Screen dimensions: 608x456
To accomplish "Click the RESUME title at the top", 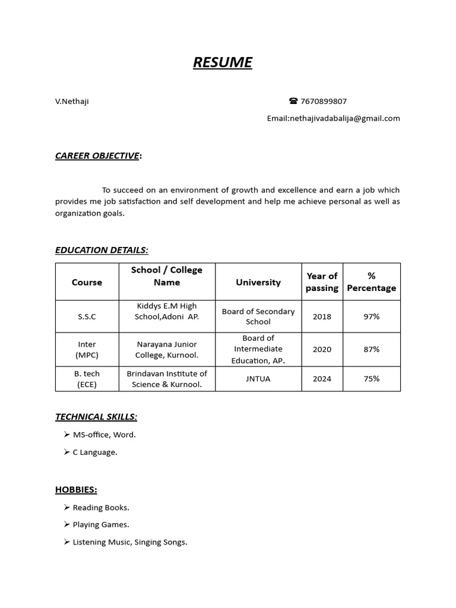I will click(x=223, y=62).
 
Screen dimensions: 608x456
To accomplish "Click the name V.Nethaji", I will click(x=72, y=102).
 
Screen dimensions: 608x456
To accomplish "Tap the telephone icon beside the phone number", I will click(x=293, y=102).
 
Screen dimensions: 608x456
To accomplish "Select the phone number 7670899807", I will click(x=324, y=102).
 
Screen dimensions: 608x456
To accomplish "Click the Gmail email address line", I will click(x=333, y=118).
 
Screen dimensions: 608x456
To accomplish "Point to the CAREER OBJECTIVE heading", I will click(x=98, y=156).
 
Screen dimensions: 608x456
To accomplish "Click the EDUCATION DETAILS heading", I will click(x=102, y=250).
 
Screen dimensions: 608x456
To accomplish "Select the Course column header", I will click(x=87, y=282).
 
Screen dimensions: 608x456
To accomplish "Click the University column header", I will click(x=258, y=282).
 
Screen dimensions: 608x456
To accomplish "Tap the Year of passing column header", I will click(x=322, y=282).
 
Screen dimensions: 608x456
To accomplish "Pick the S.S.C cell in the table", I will click(x=87, y=316).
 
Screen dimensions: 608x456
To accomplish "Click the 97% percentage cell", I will click(x=372, y=316).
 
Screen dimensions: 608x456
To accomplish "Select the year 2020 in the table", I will click(x=322, y=349).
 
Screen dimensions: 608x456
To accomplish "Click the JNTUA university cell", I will click(x=258, y=379).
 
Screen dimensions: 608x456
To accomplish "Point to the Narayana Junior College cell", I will click(x=167, y=349).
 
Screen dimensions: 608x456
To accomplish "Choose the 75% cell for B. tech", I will click(x=372, y=379).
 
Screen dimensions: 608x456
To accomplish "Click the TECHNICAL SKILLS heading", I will click(x=96, y=417).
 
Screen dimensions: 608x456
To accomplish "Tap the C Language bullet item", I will click(x=95, y=452).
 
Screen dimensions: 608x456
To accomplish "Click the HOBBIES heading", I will click(x=76, y=490).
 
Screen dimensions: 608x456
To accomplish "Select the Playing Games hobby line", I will click(x=101, y=525).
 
